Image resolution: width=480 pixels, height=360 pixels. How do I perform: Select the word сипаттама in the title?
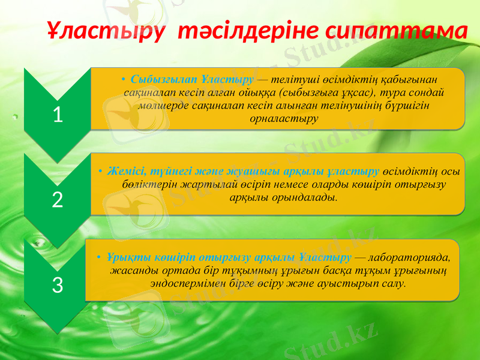[397, 31]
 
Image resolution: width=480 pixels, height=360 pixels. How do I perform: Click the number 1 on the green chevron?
[58, 114]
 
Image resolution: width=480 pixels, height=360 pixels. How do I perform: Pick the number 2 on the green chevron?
[58, 200]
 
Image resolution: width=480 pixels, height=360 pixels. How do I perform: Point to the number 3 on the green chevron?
[58, 285]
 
